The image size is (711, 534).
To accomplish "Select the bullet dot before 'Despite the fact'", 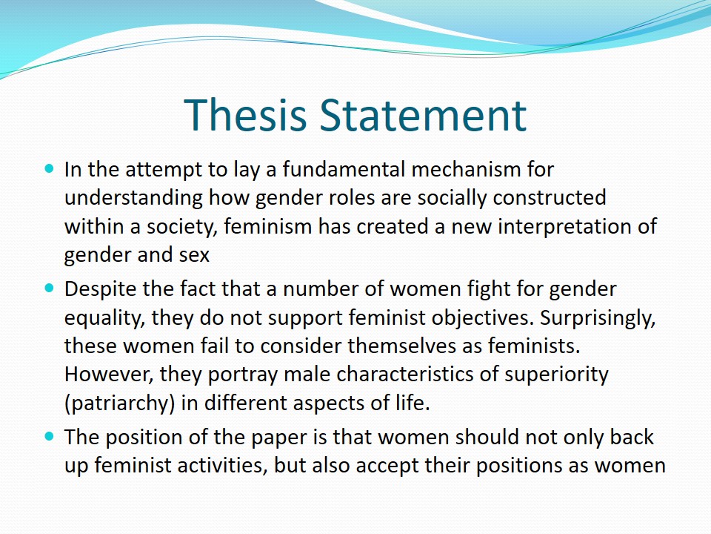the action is point(50,289).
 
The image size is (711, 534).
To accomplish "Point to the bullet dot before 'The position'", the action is point(50,436).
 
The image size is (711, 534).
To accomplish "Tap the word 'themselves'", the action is point(401,346).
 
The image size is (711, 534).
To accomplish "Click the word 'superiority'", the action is point(556,375).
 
